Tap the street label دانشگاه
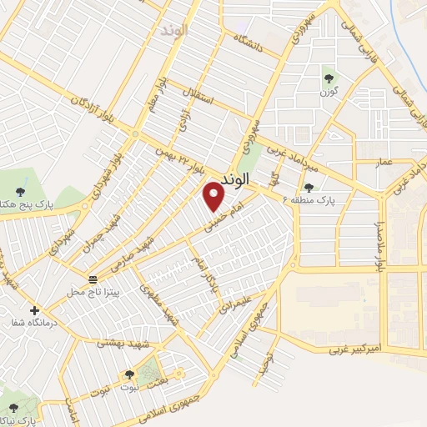click(249, 43)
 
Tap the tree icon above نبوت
click(128, 376)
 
